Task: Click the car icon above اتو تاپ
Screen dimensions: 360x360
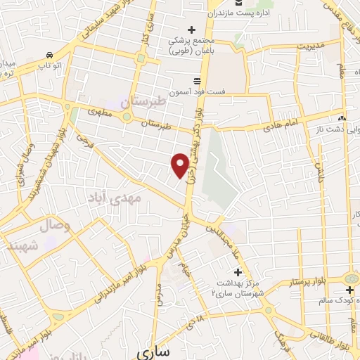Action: (49, 54)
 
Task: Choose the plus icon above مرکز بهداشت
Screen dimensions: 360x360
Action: (237, 272)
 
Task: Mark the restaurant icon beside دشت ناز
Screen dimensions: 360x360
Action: (342, 118)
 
